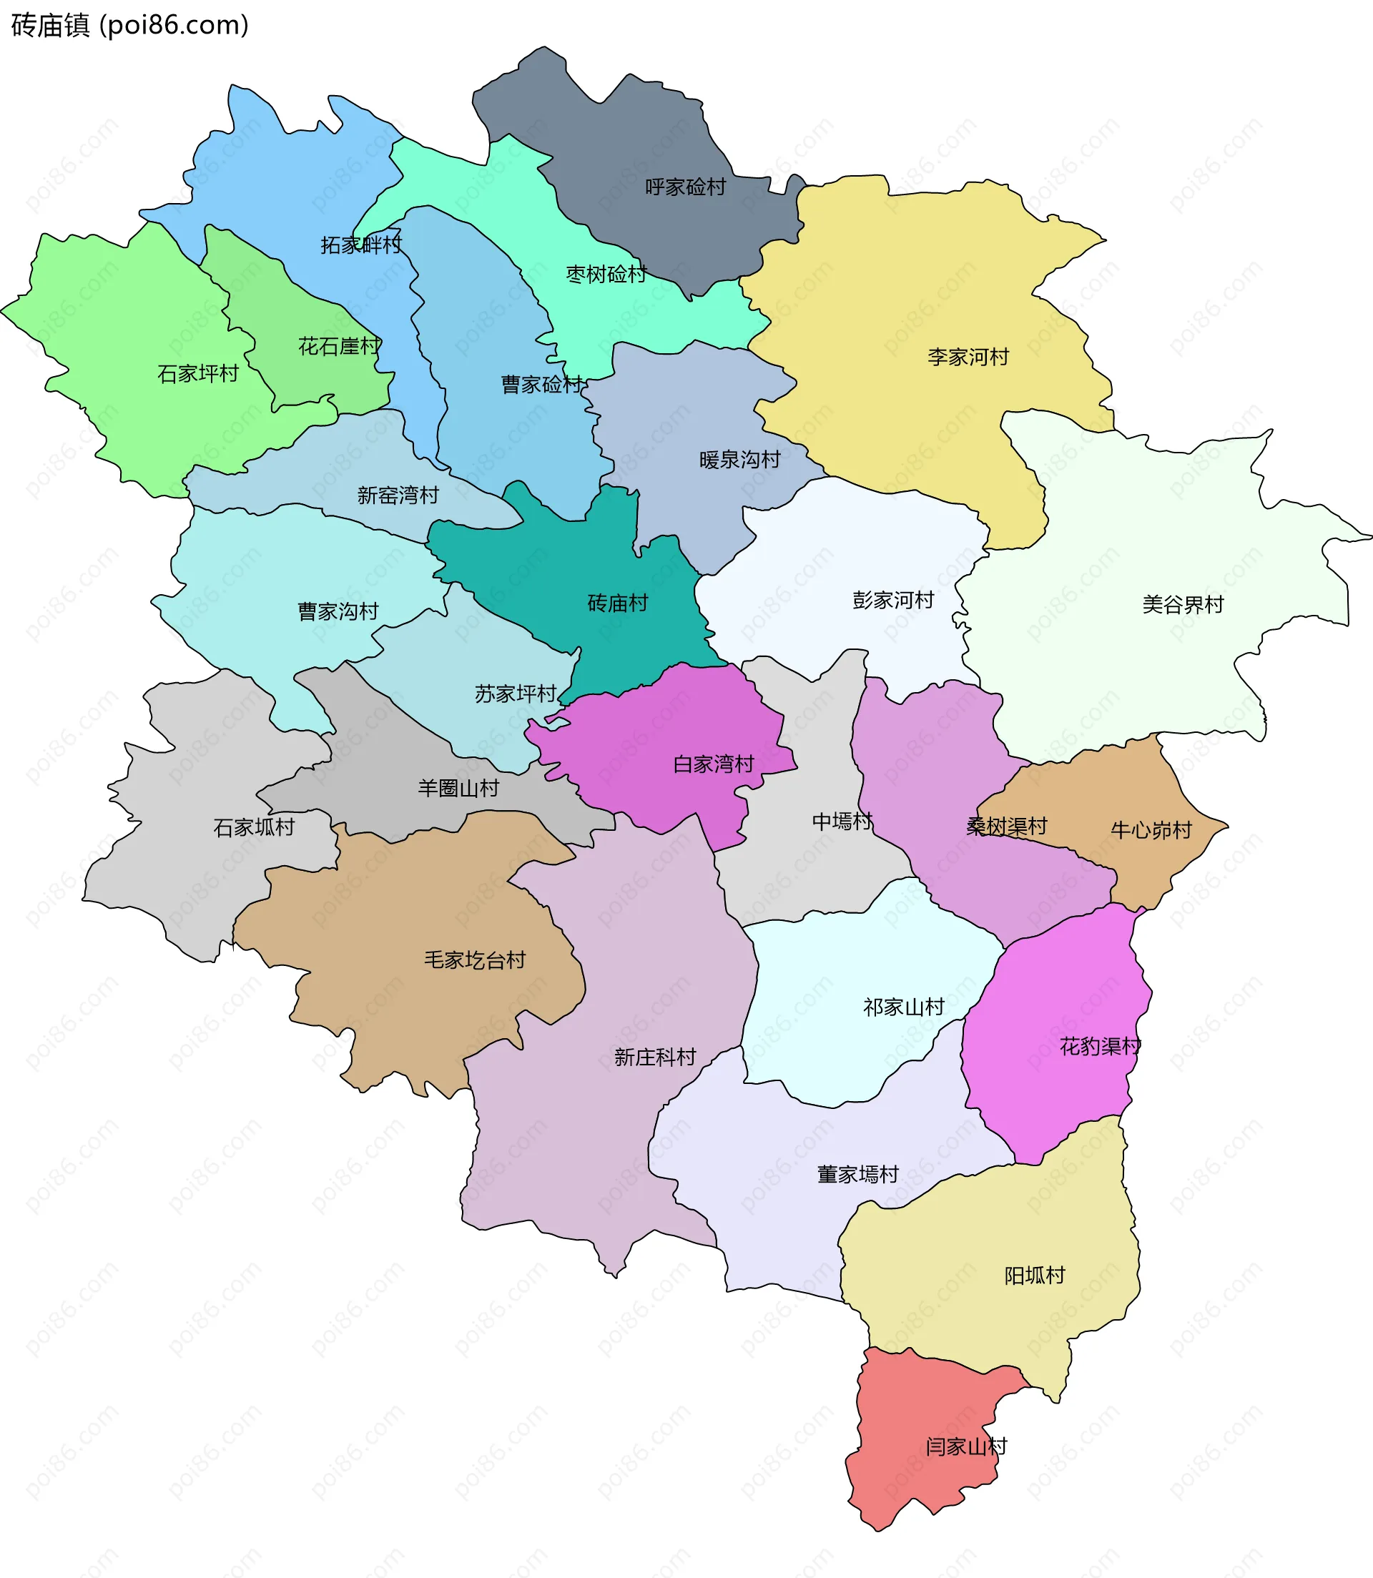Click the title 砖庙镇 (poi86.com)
pyautogui.click(x=130, y=25)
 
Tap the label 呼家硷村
pyautogui.click(x=685, y=187)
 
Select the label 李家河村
pyautogui.click(x=968, y=357)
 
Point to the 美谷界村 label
pyautogui.click(x=1182, y=605)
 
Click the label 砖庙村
pyautogui.click(x=618, y=603)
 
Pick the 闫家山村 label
pyautogui.click(x=965, y=1447)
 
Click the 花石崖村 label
pyautogui.click(x=339, y=346)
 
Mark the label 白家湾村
pyautogui.click(x=714, y=764)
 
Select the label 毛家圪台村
pyautogui.click(x=475, y=960)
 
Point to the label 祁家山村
pyautogui.click(x=903, y=1007)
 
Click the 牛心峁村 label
pyautogui.click(x=1151, y=830)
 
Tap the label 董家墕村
pyautogui.click(x=857, y=1174)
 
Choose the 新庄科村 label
pyautogui.click(x=655, y=1058)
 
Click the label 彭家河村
pyautogui.click(x=893, y=601)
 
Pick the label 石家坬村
pyautogui.click(x=254, y=827)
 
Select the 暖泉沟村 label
pyautogui.click(x=739, y=460)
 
